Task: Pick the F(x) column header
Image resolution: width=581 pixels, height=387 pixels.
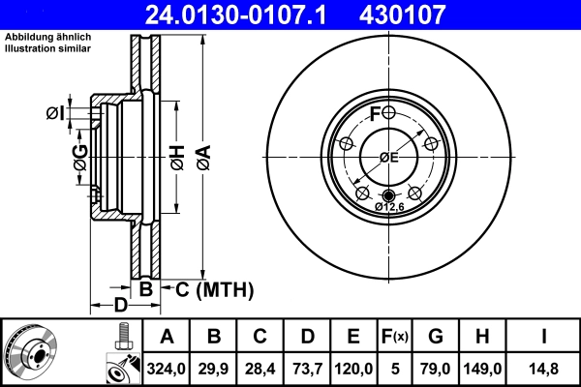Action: (x=395, y=338)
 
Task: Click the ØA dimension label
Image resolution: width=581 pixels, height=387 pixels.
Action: (x=202, y=154)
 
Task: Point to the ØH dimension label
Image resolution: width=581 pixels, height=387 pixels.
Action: (x=177, y=154)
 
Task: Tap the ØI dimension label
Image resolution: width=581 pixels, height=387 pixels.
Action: (x=55, y=114)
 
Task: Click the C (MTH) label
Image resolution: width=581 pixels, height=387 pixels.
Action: (x=214, y=288)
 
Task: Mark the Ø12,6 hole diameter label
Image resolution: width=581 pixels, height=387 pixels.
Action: (x=389, y=205)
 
